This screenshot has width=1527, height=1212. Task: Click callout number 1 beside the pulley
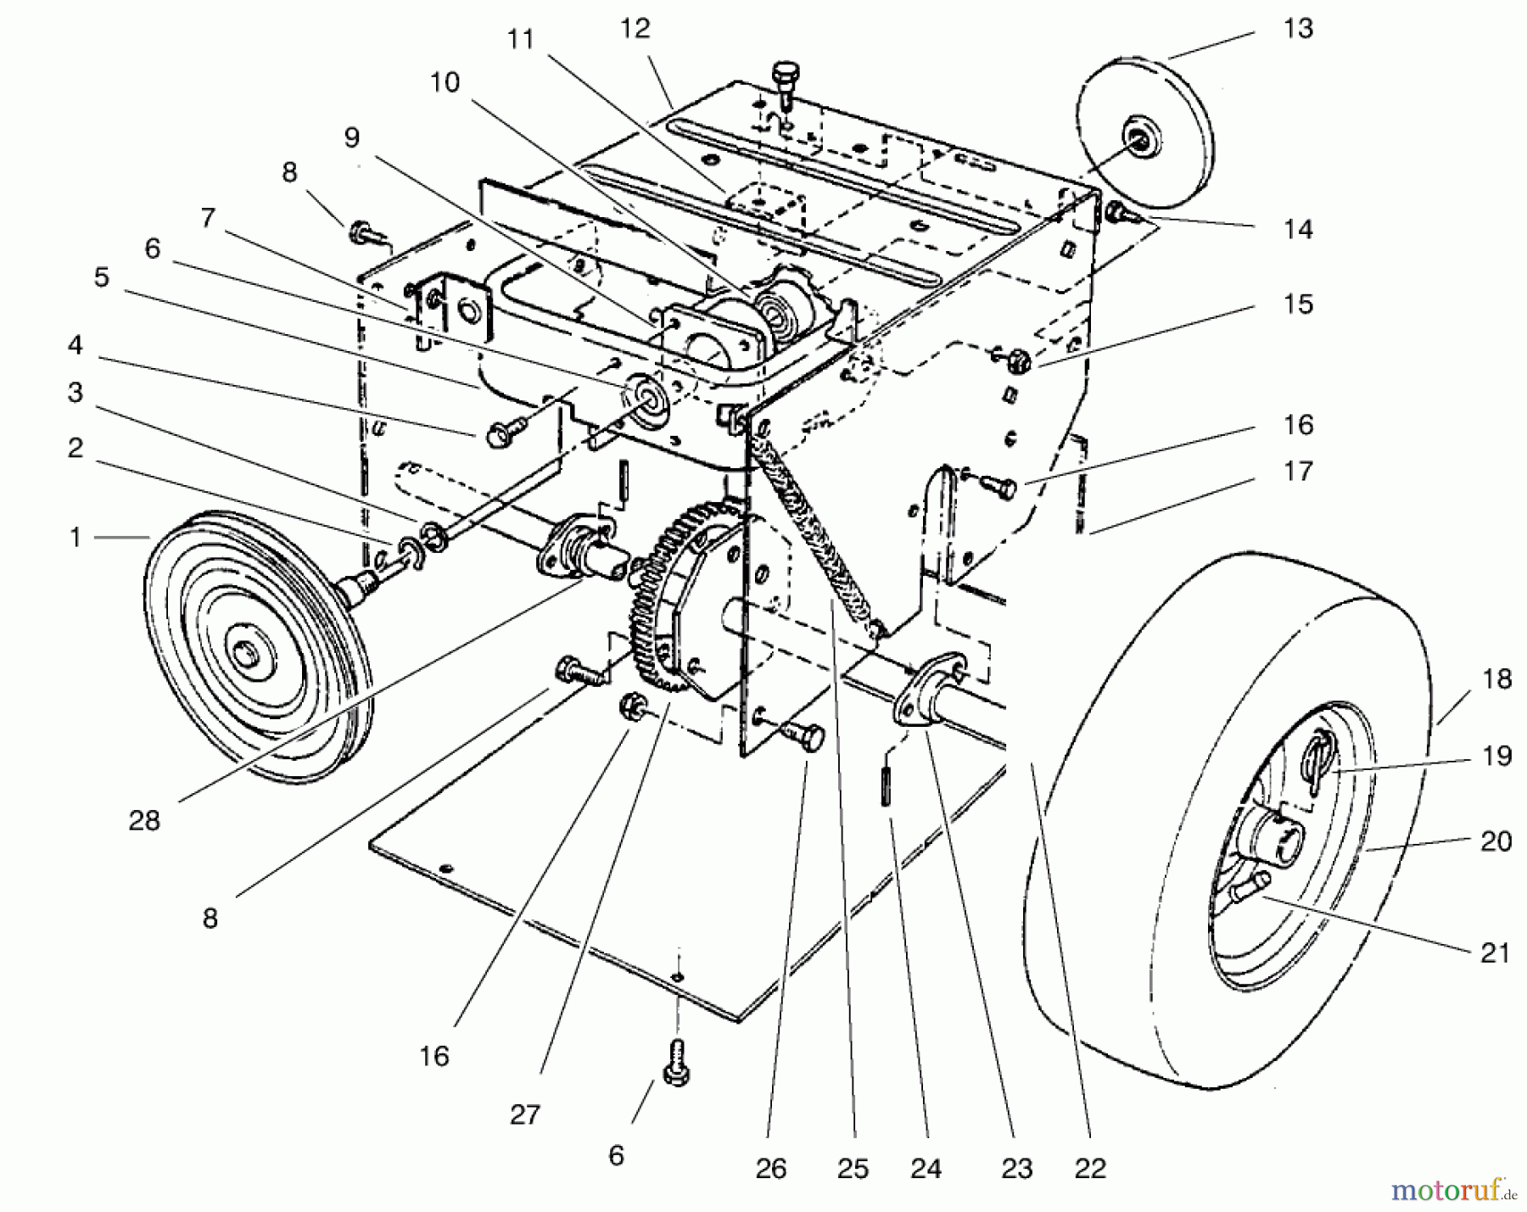76,538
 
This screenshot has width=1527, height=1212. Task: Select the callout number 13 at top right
1297,29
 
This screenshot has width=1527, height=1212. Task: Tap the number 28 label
144,820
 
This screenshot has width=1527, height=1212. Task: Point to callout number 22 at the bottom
1090,1169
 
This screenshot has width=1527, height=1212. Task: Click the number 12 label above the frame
635,29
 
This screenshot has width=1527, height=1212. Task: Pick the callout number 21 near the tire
1496,952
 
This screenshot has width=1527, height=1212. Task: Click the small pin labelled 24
886,789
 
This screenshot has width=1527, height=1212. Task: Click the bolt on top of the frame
786,81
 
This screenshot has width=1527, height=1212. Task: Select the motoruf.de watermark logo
1451,1191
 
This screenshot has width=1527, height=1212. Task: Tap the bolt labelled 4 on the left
500,433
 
